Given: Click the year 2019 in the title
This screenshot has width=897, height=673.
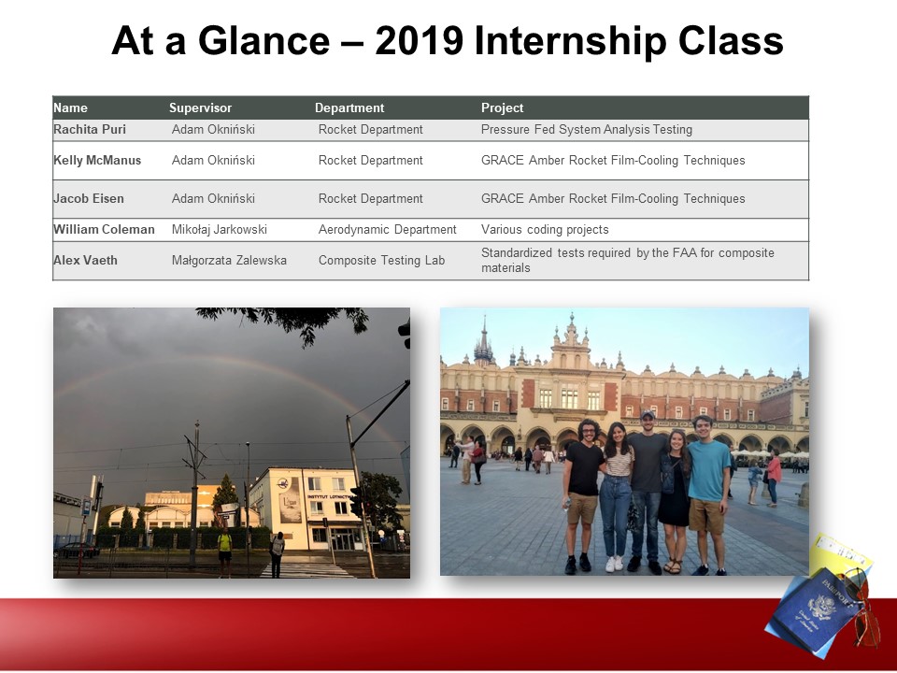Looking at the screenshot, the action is click(419, 40).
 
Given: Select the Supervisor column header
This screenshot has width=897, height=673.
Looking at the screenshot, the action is click(200, 107).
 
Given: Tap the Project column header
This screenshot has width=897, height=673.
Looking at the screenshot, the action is click(503, 107).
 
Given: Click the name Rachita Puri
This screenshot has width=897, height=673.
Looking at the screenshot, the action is click(90, 129).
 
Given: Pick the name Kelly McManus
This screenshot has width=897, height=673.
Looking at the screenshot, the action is click(97, 160).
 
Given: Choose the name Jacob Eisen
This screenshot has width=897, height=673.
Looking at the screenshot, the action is click(89, 198).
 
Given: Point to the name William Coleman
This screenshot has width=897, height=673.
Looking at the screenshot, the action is click(104, 230).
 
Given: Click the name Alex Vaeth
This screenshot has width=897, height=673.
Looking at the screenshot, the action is click(85, 261).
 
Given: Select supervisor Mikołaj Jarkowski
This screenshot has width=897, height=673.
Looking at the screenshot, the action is click(219, 230).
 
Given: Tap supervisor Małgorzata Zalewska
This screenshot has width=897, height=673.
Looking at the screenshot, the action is click(229, 261).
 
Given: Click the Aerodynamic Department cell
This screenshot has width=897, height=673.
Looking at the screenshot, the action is click(387, 230).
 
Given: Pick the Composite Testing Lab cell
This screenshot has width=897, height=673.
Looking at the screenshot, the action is click(381, 261).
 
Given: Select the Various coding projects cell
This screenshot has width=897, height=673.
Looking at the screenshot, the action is click(545, 230).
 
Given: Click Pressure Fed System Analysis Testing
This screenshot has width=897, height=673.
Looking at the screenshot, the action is click(587, 129).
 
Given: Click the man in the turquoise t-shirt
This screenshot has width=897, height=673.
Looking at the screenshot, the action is click(707, 495).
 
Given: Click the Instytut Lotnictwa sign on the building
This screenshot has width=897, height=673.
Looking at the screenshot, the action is click(328, 496).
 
